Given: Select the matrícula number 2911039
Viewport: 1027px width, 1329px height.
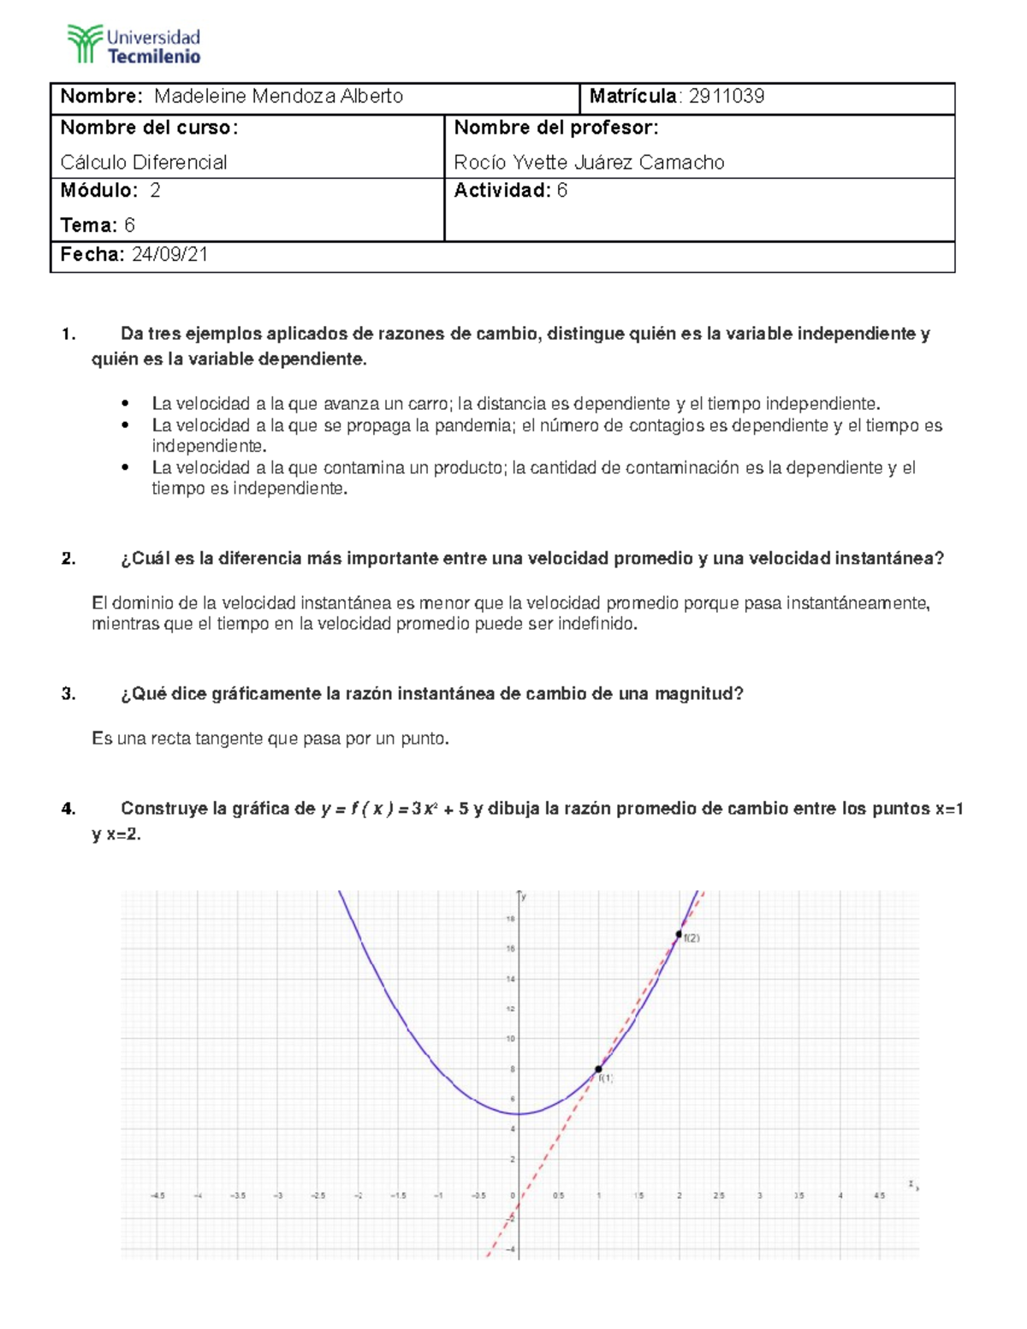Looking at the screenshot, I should [726, 97].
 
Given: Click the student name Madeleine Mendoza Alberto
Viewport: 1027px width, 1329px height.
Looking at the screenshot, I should [278, 97].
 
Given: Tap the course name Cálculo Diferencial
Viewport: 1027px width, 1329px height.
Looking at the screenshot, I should [144, 163].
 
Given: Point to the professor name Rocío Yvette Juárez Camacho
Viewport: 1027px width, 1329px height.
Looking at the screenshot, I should [589, 163].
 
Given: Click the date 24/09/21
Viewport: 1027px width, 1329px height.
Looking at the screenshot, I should [169, 255].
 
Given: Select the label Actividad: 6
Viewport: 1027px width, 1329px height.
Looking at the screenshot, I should [510, 191].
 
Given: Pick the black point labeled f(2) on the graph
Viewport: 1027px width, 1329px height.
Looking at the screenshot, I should [679, 934].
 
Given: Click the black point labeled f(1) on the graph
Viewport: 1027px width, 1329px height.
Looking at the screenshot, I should [598, 1069].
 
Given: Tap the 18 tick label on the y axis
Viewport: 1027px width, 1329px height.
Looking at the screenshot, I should [510, 919].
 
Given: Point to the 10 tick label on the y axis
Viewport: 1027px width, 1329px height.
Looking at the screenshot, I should [510, 1039].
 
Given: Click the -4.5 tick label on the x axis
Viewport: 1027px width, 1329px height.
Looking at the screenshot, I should [157, 1196].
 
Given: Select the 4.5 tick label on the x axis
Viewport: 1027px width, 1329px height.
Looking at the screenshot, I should [879, 1196].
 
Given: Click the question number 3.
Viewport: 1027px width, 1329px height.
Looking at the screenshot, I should [68, 694].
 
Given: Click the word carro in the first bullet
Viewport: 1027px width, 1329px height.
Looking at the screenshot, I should [430, 404].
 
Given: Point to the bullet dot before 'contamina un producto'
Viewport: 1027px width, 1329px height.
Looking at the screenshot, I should [126, 468].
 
